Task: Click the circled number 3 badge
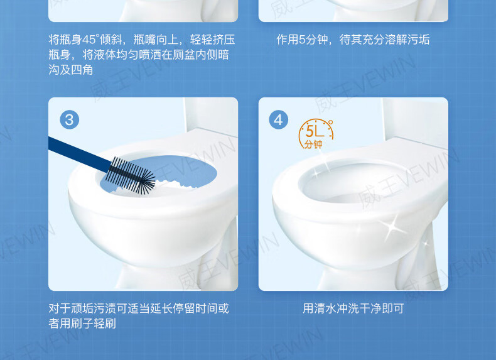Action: point(69,119)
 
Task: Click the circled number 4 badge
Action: point(278,119)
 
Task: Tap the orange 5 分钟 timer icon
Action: point(315,134)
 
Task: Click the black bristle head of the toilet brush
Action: point(131,175)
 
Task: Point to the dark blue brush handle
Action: point(79,154)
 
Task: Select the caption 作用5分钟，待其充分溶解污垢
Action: point(353,40)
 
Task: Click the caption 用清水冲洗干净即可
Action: point(353,308)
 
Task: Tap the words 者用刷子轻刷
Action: point(82,324)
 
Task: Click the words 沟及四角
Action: point(70,70)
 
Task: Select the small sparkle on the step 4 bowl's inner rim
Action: point(316,173)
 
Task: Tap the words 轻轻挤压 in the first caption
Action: point(212,40)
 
